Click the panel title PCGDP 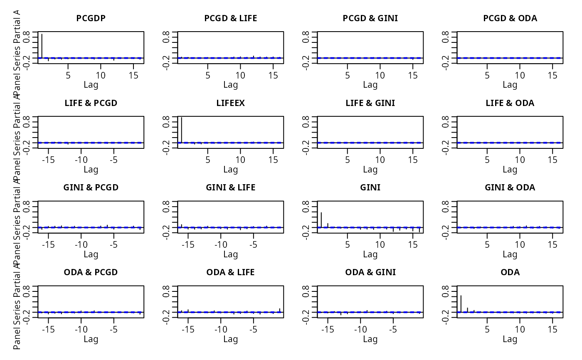tap(91, 18)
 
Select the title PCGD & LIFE tap(230, 18)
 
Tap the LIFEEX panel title tap(230, 103)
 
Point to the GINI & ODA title tap(510, 187)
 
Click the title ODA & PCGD tap(91, 272)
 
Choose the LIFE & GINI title tap(370, 103)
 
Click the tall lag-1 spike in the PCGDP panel tap(42, 46)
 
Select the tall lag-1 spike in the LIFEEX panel tap(182, 130)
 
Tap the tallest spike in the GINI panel tap(321, 219)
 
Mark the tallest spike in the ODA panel tap(461, 303)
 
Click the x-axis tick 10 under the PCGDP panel tap(100, 75)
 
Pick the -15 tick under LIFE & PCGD tap(48, 160)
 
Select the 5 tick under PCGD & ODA tap(487, 75)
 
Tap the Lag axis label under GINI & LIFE tap(230, 254)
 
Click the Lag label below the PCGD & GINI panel tap(370, 85)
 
